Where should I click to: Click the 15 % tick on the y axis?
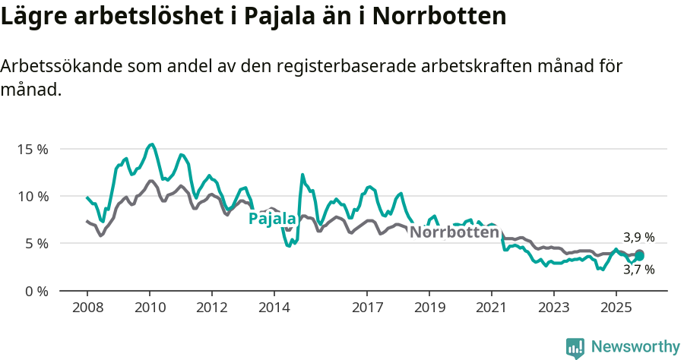pyautogui.click(x=32, y=149)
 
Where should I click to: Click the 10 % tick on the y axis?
pyautogui.click(x=32, y=196)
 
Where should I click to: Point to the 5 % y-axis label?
pyautogui.click(x=35, y=244)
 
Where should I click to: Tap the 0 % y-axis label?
pyautogui.click(x=35, y=291)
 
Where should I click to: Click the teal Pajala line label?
pyautogui.click(x=272, y=219)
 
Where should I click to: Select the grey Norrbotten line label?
pyautogui.click(x=454, y=232)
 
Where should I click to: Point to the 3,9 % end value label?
pyautogui.click(x=638, y=237)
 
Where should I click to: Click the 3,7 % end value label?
pyautogui.click(x=638, y=269)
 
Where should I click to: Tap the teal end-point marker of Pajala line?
pyautogui.click(x=640, y=256)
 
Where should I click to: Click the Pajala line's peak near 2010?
pyautogui.click(x=152, y=144)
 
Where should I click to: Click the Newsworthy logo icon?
pyautogui.click(x=575, y=348)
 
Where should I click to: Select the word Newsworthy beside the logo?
pyautogui.click(x=635, y=347)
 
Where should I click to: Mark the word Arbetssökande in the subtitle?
pyautogui.click(x=53, y=66)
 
